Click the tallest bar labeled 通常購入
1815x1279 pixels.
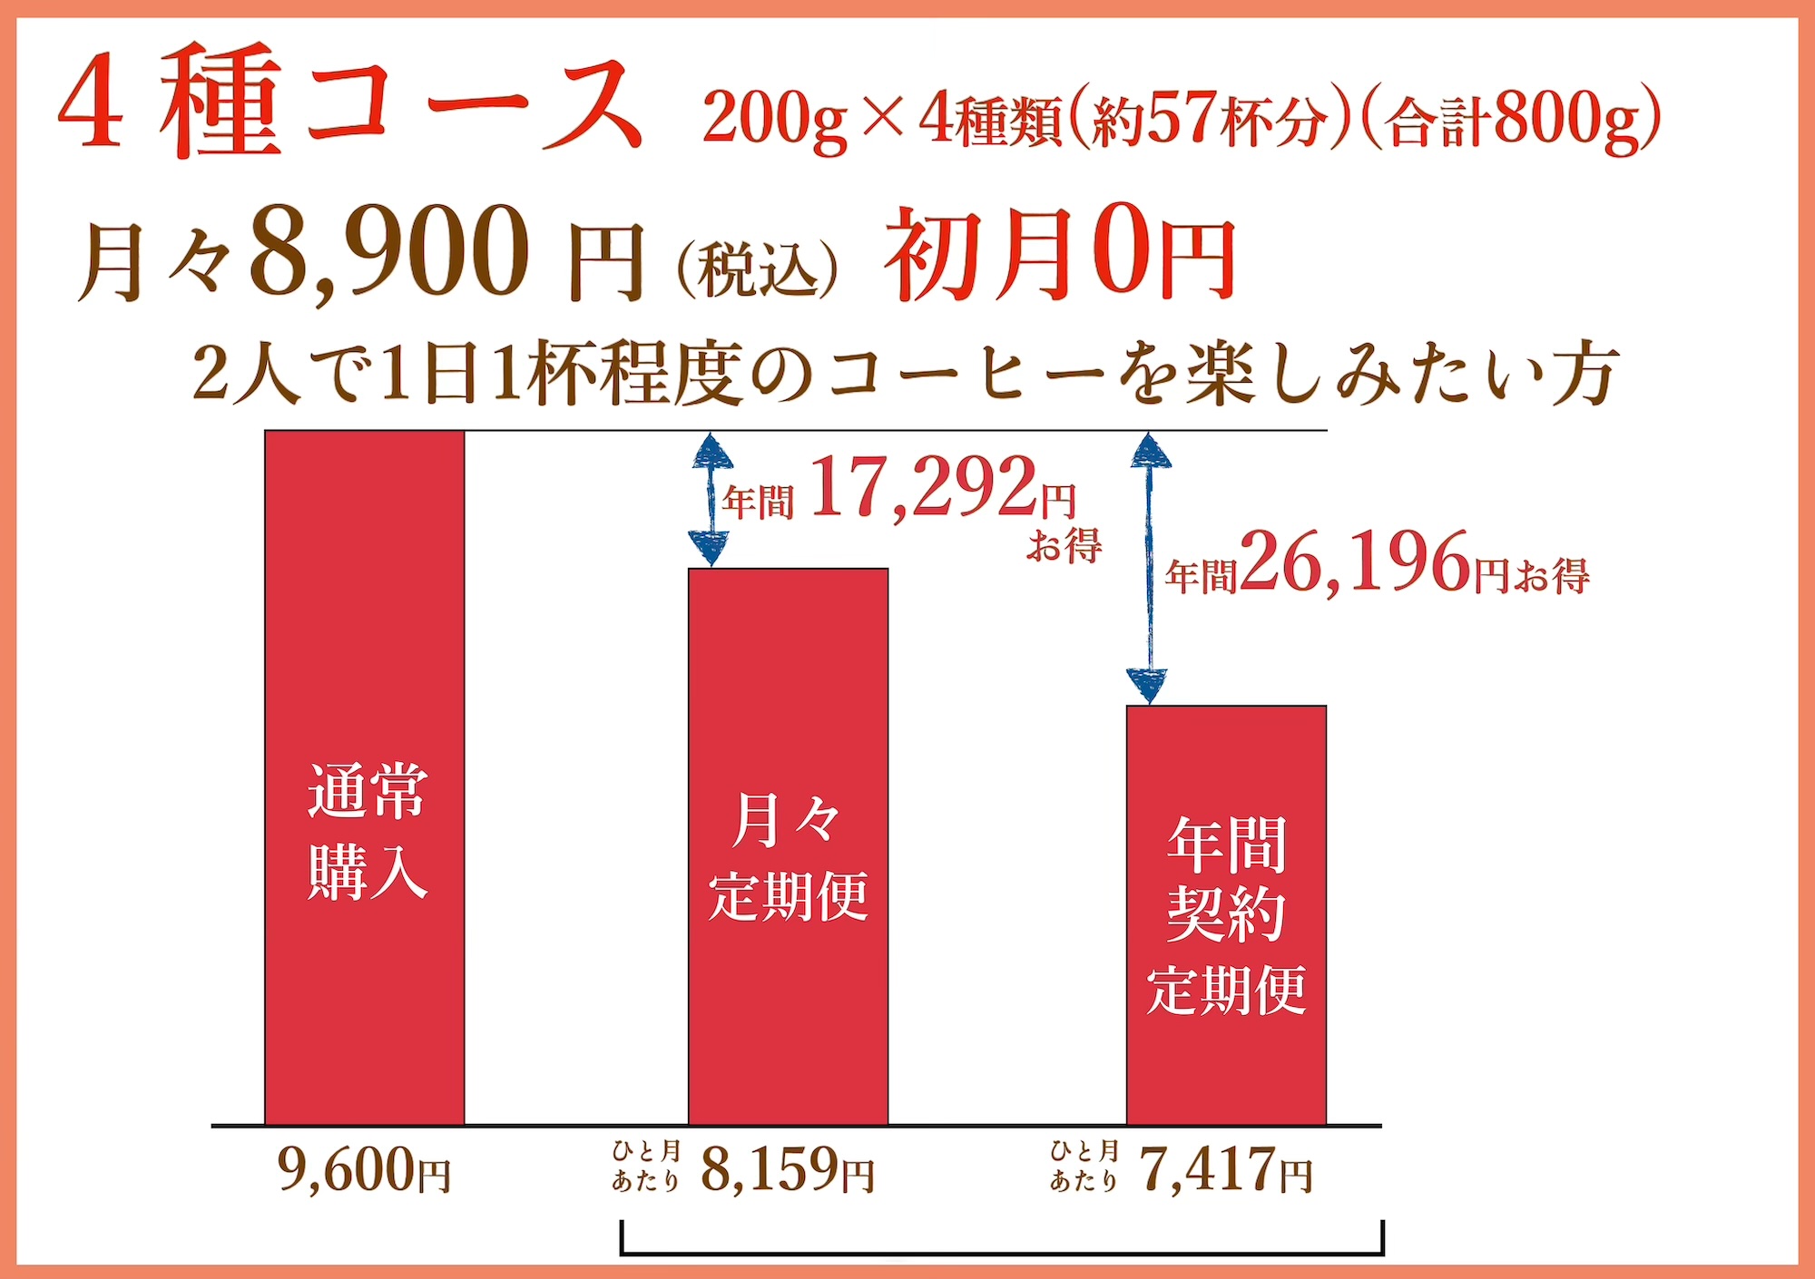[364, 777]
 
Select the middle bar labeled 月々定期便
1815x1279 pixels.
[788, 846]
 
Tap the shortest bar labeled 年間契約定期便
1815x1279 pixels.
[1226, 914]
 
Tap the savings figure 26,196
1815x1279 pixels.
[1355, 563]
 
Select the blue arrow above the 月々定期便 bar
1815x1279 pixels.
[711, 500]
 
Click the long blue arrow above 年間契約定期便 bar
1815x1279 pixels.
[1149, 569]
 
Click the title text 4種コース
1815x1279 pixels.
[349, 104]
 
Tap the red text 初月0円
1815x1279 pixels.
[1059, 254]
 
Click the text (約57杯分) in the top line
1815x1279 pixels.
[1210, 121]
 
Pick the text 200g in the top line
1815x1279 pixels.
[775, 121]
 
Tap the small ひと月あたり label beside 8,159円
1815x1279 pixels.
[645, 1167]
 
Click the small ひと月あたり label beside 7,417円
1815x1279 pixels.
[1084, 1167]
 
